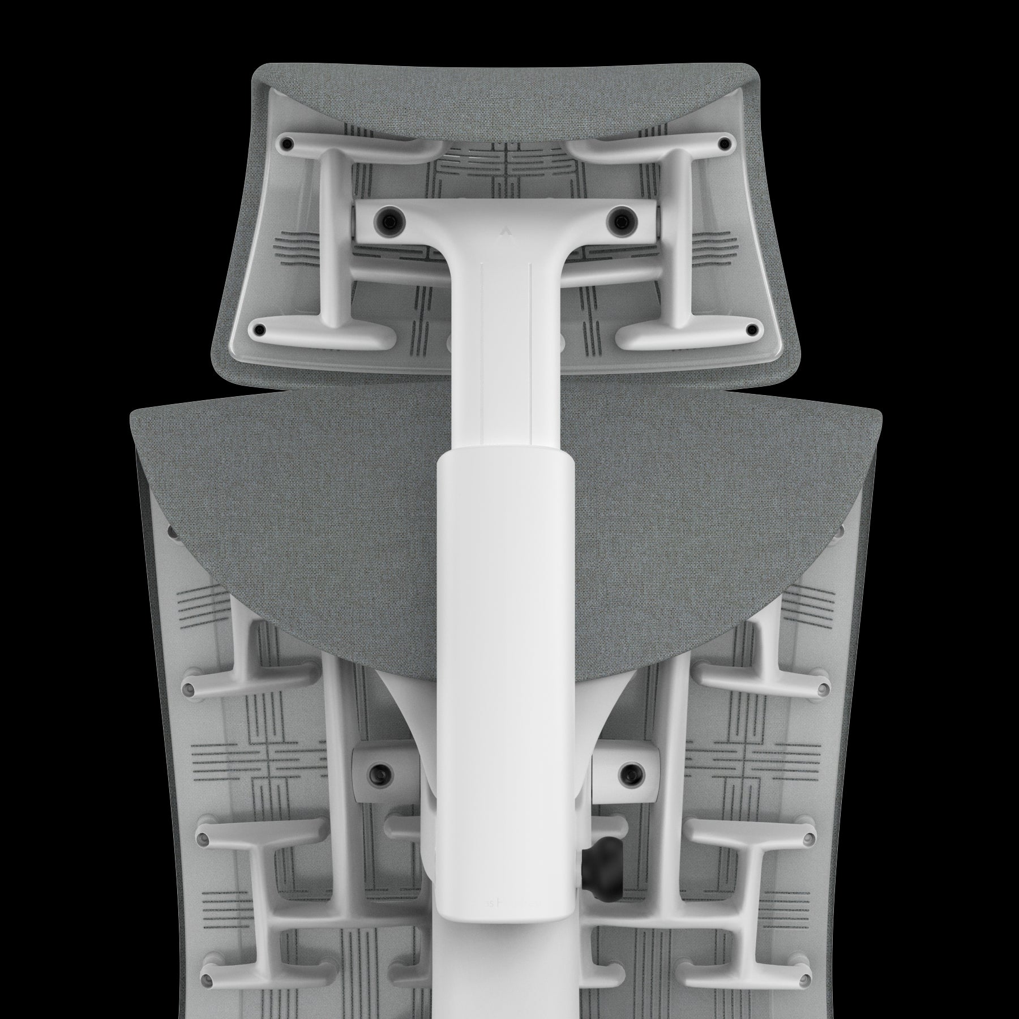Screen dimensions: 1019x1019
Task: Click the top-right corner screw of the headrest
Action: point(725,143)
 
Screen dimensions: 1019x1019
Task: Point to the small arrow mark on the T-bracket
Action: point(505,230)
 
